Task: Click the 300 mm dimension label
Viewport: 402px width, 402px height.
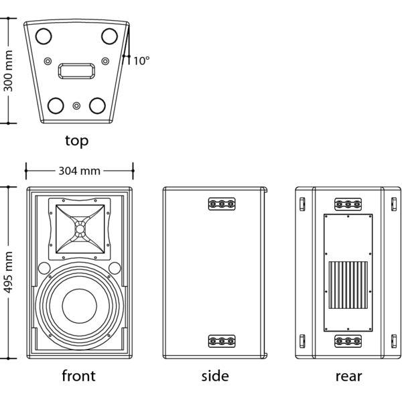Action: pos(8,71)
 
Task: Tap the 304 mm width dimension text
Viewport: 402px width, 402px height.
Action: pos(80,171)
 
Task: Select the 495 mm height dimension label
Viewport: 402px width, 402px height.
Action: pos(8,272)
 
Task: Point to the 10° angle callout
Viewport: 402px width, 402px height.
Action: pos(141,61)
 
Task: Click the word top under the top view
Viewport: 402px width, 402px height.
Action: pos(76,141)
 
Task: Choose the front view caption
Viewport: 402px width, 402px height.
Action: pos(78,376)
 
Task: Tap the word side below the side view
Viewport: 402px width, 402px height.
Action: pos(215,376)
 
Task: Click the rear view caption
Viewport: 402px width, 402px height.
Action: pos(348,377)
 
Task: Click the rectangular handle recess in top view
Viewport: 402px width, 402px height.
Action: pos(76,71)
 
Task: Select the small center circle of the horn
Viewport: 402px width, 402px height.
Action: pos(80,228)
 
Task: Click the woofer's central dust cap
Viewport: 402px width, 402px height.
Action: pos(80,306)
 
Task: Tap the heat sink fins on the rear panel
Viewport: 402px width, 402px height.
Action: pos(348,285)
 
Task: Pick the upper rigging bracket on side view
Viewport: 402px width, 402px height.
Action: pos(222,204)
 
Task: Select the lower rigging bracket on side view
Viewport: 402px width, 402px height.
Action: pos(222,341)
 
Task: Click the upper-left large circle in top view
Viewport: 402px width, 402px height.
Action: pos(44,36)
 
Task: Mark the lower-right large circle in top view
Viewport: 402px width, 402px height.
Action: pos(97,105)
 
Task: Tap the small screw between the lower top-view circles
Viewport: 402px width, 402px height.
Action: pos(76,106)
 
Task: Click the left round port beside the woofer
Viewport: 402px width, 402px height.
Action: pos(44,268)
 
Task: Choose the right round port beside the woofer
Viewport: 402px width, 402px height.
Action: pos(115,268)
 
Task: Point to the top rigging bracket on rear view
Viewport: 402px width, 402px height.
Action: pos(348,204)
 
